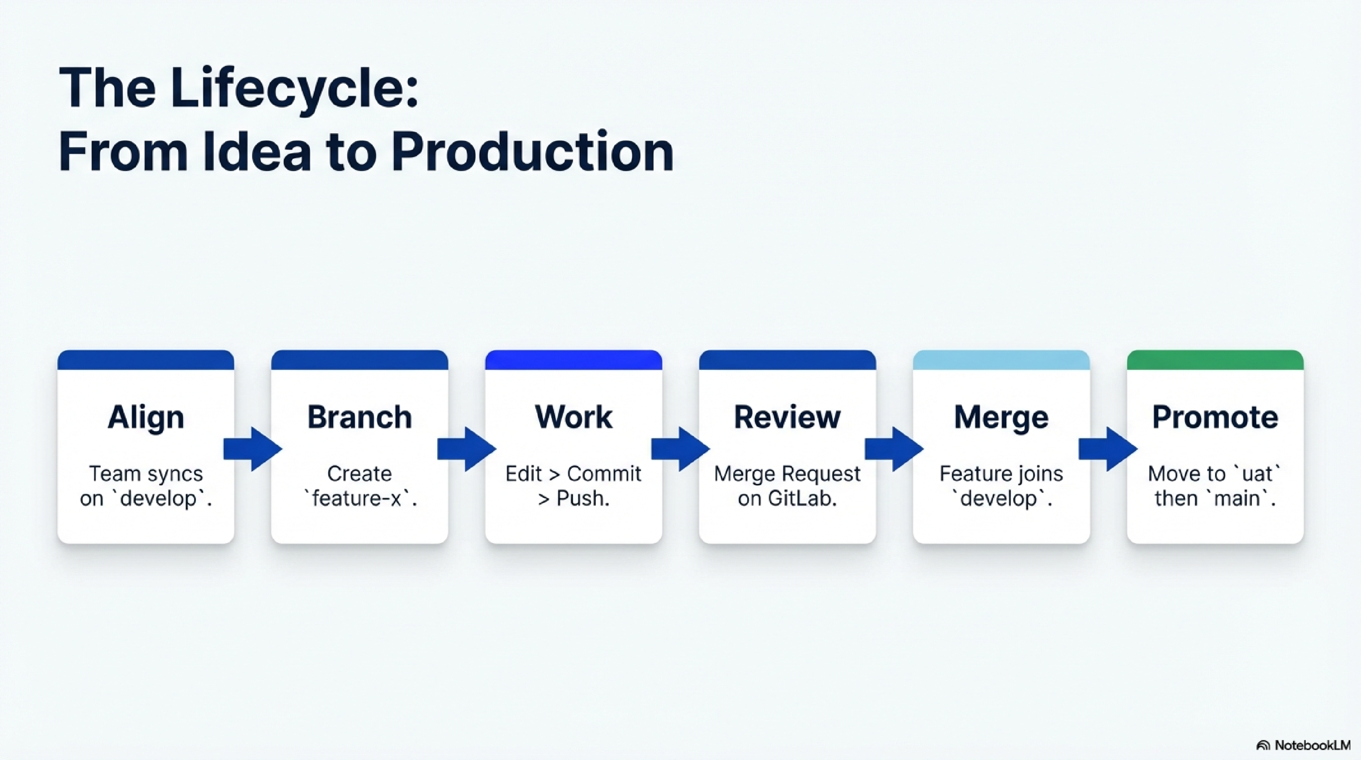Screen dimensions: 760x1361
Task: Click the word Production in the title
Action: click(532, 152)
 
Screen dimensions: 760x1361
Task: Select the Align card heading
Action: click(146, 418)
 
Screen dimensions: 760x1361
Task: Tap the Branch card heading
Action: click(359, 418)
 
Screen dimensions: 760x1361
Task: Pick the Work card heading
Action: click(573, 418)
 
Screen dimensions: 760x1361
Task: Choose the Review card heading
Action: click(787, 418)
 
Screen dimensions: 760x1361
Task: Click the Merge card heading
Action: click(1001, 418)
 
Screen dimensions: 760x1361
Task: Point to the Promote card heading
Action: click(1215, 418)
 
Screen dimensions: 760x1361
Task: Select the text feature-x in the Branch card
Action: click(359, 498)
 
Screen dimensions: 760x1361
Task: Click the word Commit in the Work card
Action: click(604, 474)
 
